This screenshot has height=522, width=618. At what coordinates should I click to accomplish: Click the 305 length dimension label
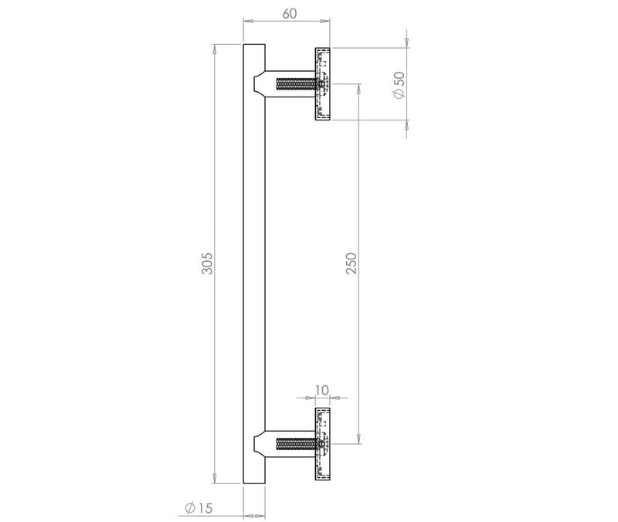coord(207,263)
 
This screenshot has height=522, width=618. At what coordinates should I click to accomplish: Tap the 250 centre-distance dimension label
coord(351,263)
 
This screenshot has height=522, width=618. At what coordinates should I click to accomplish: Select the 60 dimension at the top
coord(289,13)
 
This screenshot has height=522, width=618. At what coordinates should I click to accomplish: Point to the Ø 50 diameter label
coord(399,85)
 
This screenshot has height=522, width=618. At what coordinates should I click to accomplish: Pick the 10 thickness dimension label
coord(322,391)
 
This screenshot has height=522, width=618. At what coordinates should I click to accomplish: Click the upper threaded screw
coord(297,84)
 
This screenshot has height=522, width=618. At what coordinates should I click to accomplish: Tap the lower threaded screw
coord(297,444)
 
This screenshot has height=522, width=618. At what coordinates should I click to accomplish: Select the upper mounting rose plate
coord(322,84)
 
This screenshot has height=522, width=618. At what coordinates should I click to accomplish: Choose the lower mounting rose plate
coord(322,444)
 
